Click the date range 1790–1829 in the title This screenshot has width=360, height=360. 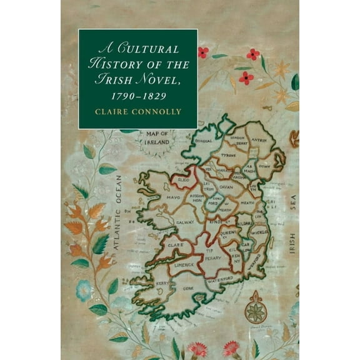coord(137,95)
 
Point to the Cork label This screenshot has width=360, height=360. coord(188,288)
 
